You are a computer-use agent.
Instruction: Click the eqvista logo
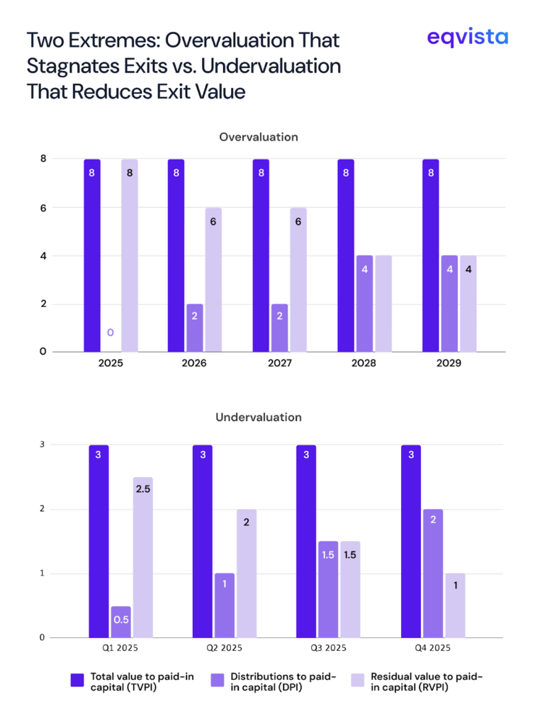click(x=467, y=37)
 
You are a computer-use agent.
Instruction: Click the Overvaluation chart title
click(x=258, y=136)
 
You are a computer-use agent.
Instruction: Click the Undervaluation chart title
click(x=258, y=417)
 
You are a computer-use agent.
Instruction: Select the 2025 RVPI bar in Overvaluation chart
click(x=130, y=255)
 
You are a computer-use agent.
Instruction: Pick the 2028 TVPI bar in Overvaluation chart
click(x=345, y=255)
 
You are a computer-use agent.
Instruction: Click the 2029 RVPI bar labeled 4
click(x=468, y=303)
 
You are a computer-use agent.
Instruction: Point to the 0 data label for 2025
click(x=110, y=332)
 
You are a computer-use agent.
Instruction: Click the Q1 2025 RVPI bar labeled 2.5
click(x=142, y=557)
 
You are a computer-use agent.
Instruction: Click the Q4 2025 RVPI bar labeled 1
click(x=456, y=605)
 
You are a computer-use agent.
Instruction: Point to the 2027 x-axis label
click(x=279, y=363)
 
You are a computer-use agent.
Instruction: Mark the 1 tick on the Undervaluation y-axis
click(x=43, y=574)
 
